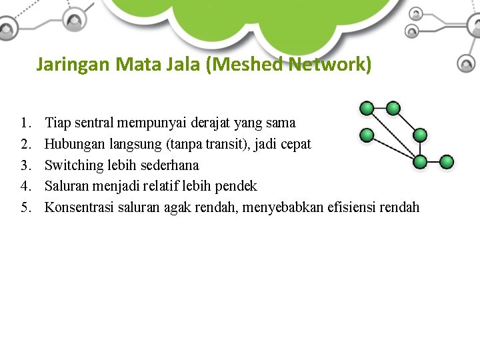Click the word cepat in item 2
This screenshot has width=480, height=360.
point(295,144)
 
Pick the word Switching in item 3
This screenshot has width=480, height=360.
point(71,165)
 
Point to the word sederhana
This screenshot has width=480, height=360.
point(170,165)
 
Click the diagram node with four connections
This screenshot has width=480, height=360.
point(420,162)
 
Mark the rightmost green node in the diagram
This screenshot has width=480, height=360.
point(447,162)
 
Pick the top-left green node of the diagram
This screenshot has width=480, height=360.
point(366,108)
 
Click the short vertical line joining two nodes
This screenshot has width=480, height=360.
point(420,149)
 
